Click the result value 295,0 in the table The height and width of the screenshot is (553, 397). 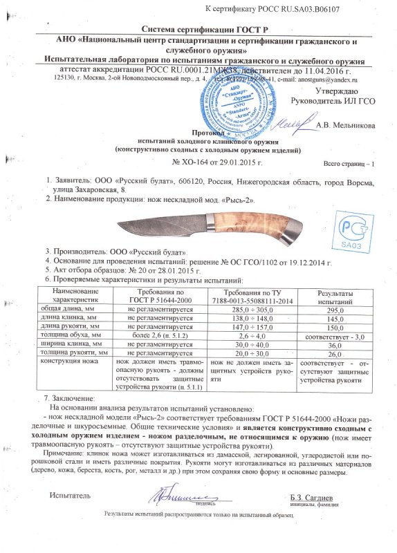335,311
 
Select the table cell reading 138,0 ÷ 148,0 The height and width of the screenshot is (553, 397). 252,319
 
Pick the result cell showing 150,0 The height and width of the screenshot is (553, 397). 335,327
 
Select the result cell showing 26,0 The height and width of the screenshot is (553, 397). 335,352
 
